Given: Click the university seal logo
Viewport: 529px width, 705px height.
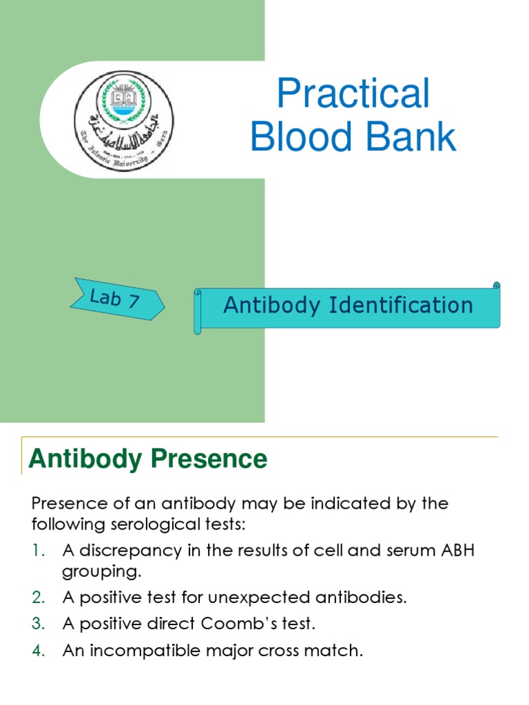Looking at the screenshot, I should (124, 121).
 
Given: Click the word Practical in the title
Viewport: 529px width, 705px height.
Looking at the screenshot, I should (353, 94).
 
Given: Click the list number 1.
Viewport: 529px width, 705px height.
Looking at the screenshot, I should (38, 551).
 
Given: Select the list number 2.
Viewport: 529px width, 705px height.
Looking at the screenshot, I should (38, 598).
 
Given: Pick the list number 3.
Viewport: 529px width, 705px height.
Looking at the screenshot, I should (38, 624).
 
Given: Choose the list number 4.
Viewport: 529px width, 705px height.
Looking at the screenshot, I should (38, 650).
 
